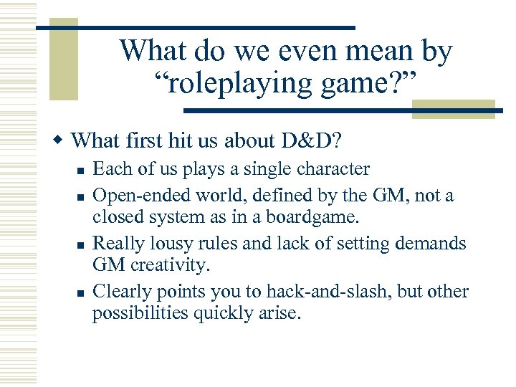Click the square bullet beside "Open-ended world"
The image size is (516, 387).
tap(80, 196)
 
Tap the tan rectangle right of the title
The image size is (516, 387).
tap(453, 110)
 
